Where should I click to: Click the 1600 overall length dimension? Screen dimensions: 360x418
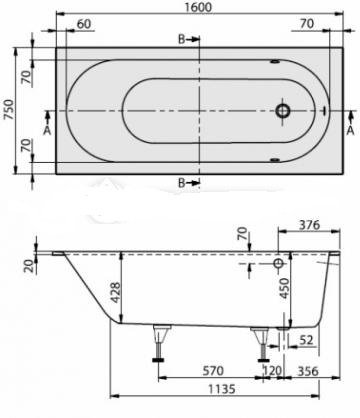[199, 7]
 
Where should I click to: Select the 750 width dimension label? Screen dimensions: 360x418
[8, 110]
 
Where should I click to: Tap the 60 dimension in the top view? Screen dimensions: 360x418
[83, 24]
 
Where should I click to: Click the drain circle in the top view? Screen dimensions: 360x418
[283, 110]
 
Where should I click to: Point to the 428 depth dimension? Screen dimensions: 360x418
[115, 293]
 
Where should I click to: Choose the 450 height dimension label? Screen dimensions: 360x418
[284, 289]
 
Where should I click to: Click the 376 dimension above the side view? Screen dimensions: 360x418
[309, 225]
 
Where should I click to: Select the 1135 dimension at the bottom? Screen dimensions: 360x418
[222, 389]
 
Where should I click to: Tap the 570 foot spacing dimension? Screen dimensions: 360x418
[213, 371]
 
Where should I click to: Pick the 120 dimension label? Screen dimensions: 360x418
[273, 371]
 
